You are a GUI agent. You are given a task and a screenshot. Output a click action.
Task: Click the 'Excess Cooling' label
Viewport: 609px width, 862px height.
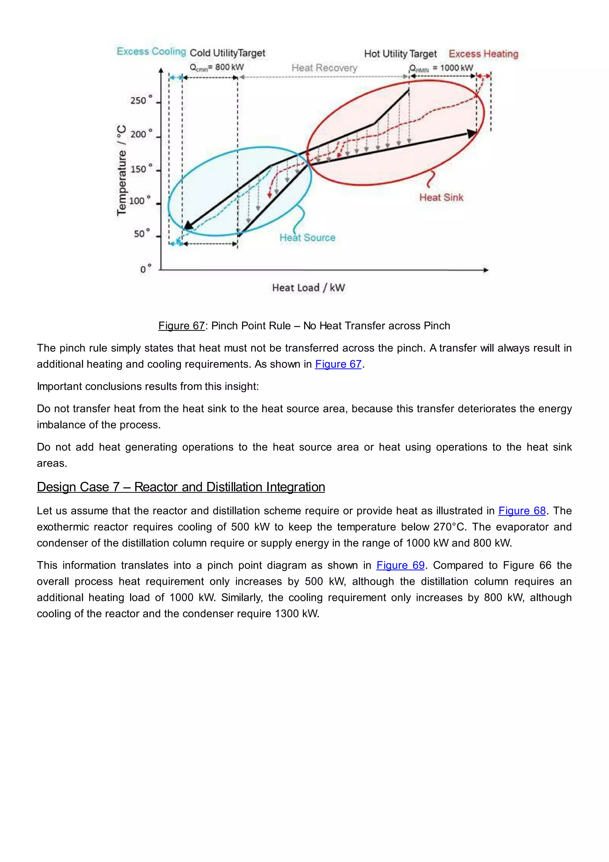tap(151, 51)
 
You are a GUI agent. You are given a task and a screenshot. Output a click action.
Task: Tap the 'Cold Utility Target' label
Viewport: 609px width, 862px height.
tap(227, 53)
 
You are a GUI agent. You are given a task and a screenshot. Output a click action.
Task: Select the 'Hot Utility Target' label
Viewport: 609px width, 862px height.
tap(400, 54)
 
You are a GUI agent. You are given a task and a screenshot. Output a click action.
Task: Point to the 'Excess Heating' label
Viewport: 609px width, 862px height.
tap(484, 54)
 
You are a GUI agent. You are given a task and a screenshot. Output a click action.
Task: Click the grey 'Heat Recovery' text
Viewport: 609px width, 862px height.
tap(324, 68)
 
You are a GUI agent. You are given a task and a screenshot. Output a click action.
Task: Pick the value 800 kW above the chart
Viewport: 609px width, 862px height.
tap(229, 67)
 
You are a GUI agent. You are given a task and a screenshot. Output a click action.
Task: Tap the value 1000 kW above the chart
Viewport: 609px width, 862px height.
tap(456, 68)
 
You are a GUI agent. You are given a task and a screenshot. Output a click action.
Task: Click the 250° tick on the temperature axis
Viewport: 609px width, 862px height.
tap(141, 100)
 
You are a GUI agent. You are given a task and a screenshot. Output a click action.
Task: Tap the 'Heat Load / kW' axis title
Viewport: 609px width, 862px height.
tap(308, 288)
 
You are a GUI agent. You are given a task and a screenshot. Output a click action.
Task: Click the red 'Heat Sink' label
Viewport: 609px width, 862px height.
tap(441, 197)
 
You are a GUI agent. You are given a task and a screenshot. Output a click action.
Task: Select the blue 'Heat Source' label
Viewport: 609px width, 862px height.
tap(307, 238)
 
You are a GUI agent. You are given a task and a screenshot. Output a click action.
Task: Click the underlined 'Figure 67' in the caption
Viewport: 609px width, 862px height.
tap(181, 326)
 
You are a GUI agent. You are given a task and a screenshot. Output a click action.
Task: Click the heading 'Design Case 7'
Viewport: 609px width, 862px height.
tap(181, 487)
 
